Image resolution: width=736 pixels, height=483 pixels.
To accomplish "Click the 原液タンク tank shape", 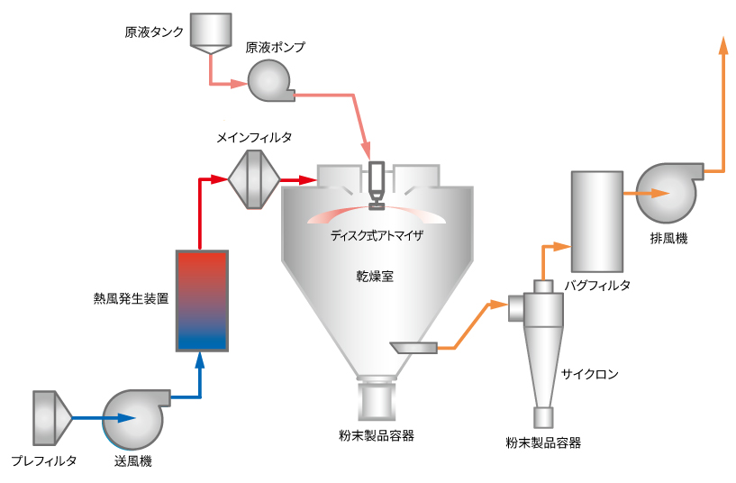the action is point(211,32).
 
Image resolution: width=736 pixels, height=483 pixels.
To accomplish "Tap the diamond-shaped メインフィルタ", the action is point(254,179).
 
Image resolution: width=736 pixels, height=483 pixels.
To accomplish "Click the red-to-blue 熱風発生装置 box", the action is point(203,301).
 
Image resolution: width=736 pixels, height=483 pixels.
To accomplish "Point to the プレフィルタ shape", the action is point(51,418).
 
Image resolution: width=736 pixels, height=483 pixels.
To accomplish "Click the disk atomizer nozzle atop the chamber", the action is point(377,186).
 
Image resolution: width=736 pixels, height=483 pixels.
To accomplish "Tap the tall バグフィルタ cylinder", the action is point(597,222).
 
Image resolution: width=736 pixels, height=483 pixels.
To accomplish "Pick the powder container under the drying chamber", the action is point(377,400).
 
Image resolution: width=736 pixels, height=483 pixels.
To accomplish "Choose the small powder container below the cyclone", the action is point(543,417).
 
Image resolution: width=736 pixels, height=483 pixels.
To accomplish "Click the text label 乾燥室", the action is point(375,277).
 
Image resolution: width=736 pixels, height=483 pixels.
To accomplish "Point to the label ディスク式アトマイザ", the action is point(377,235).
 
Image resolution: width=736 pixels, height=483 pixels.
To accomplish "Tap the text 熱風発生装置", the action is point(131,298).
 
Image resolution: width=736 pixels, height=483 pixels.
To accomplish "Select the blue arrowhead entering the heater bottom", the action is point(200,360).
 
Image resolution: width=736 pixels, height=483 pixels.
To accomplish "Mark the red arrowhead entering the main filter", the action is point(219,178).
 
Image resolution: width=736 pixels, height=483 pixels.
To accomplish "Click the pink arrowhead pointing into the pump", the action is point(239,84).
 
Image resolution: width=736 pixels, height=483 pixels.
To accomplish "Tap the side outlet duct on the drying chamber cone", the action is point(414,347).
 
